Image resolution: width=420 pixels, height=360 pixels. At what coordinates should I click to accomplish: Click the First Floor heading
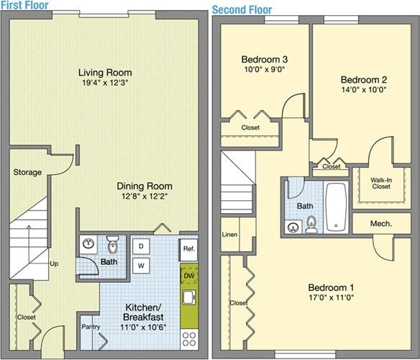coord(24,6)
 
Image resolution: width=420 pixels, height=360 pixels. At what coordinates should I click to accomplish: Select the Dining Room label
coord(145,186)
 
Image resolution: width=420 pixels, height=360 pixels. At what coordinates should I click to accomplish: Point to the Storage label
coord(27,172)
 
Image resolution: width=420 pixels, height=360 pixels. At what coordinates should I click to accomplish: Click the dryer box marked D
coord(140,246)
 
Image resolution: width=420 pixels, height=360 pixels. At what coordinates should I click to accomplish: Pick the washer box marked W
coord(140,265)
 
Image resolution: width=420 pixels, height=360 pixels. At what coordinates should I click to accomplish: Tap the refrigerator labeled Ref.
coord(188,249)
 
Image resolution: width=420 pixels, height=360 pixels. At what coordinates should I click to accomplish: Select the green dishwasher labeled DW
coord(189,276)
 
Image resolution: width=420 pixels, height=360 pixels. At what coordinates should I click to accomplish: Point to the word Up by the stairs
coord(54,264)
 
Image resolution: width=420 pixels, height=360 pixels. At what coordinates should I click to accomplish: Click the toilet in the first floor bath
coord(111,243)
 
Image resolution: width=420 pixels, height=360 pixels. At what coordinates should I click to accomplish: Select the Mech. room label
coord(380,224)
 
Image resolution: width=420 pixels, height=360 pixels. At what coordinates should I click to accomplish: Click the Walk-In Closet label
coord(380,182)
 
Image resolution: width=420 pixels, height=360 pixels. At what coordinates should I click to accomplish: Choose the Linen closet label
coord(229,235)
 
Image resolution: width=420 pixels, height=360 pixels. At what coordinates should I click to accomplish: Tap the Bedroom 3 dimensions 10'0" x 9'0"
coord(265,70)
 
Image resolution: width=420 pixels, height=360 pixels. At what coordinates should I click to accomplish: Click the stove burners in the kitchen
coord(189,336)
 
